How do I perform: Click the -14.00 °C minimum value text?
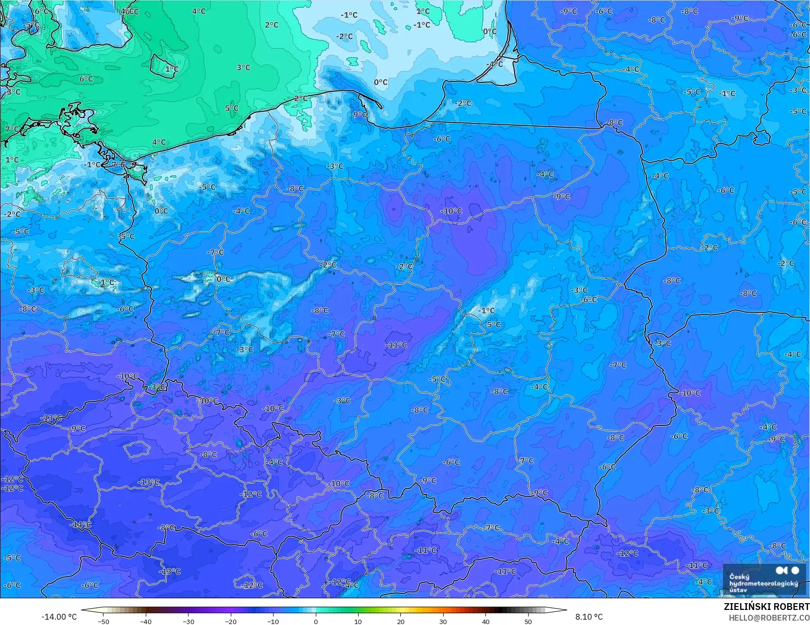(x=59, y=617)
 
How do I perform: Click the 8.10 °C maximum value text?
(x=589, y=617)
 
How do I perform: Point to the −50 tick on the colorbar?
(x=103, y=621)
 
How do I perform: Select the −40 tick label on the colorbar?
(x=146, y=621)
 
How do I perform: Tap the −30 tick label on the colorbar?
(x=189, y=621)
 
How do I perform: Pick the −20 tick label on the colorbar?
(x=231, y=621)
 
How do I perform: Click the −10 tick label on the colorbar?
(x=273, y=621)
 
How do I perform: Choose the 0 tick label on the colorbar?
(x=316, y=621)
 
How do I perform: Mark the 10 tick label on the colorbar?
(x=358, y=621)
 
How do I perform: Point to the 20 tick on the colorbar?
(x=400, y=621)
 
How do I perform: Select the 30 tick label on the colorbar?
(x=443, y=621)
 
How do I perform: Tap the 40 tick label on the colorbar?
(x=485, y=621)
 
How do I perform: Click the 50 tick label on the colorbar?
(x=528, y=621)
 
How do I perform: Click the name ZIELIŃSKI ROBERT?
(x=766, y=607)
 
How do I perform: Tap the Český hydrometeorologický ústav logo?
(x=763, y=579)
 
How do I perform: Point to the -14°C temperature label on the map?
(x=80, y=525)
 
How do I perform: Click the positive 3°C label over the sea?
(x=243, y=68)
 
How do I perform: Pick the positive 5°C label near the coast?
(x=232, y=108)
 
